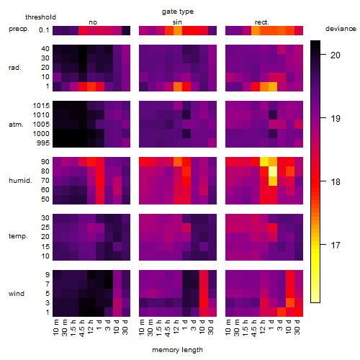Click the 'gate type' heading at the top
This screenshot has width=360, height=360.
tap(178, 12)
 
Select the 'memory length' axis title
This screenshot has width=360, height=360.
tap(177, 350)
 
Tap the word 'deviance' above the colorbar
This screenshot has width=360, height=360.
tap(341, 29)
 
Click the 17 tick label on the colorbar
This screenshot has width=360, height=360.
tap(336, 246)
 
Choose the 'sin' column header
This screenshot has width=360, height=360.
tap(177, 22)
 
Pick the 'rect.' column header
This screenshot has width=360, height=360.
tap(261, 22)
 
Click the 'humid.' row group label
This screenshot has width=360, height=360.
tap(20, 181)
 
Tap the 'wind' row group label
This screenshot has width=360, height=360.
tap(17, 294)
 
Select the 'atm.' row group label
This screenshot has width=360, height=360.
tap(16, 125)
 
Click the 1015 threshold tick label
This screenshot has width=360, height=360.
tap(41, 106)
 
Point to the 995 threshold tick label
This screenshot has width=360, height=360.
tap(43, 143)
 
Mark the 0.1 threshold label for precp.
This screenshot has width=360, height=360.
tap(44, 30)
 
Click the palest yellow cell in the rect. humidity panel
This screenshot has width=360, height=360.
tap(273, 171)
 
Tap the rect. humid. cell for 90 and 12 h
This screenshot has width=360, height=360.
tap(264, 162)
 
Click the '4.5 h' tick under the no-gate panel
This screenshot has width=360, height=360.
tap(82, 328)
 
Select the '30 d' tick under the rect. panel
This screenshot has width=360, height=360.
tap(297, 327)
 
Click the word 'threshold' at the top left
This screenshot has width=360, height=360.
tap(40, 17)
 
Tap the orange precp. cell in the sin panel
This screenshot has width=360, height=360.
tap(178, 30)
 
